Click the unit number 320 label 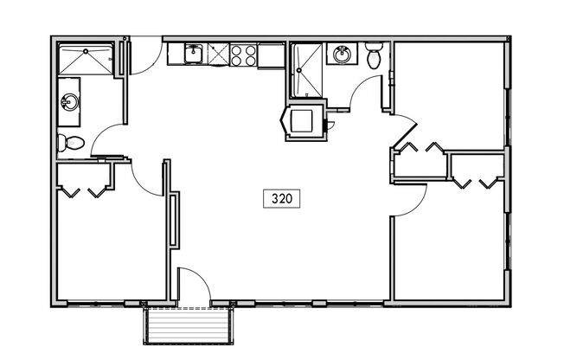(281, 199)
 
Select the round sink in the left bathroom (68, 103)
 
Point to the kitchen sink (192, 55)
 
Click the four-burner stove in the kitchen (244, 55)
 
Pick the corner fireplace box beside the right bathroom (304, 120)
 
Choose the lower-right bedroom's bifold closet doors (476, 182)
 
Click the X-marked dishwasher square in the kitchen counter (218, 55)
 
